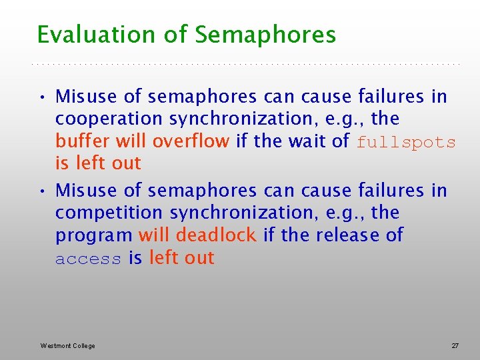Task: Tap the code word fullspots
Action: pyautogui.click(x=406, y=142)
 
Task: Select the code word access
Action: pyautogui.click(x=88, y=259)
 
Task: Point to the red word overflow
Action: pyautogui.click(x=191, y=141)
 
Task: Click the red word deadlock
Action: pyautogui.click(x=216, y=235)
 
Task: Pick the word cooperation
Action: pyautogui.click(x=109, y=119)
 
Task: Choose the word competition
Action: pyautogui.click(x=109, y=213)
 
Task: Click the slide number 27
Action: pyautogui.click(x=455, y=346)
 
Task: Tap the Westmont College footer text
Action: pyautogui.click(x=67, y=346)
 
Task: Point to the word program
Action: pyautogui.click(x=94, y=236)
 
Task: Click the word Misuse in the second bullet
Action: pyautogui.click(x=86, y=191)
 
